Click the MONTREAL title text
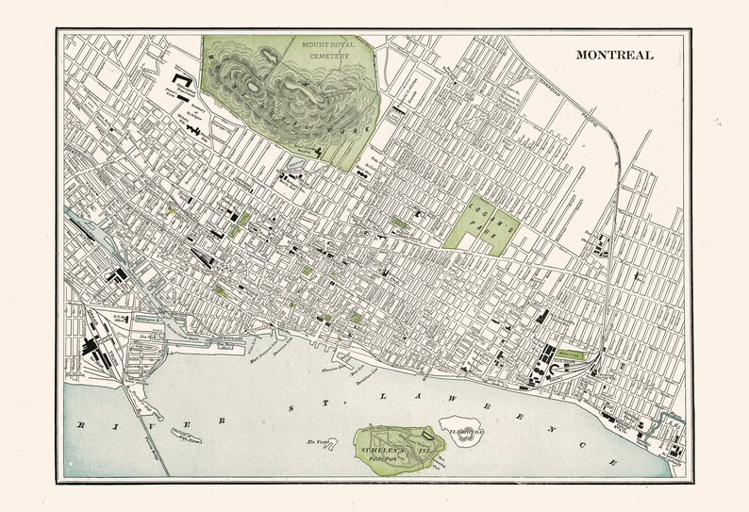[614, 55]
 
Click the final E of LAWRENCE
[614, 462]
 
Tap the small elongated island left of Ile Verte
[181, 431]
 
